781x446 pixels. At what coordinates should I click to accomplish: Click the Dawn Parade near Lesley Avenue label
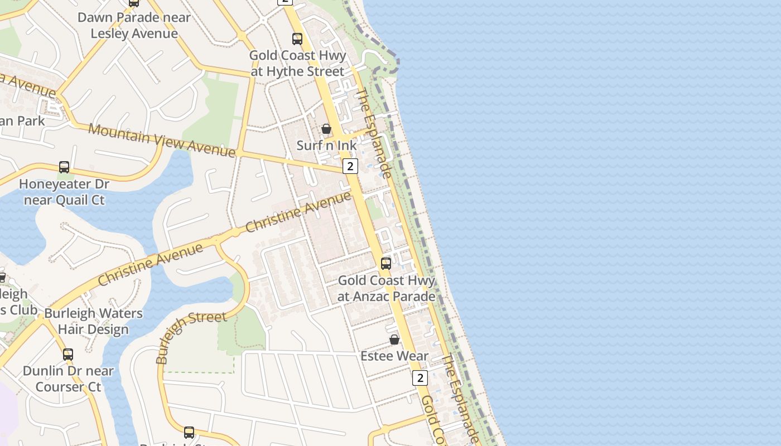click(134, 25)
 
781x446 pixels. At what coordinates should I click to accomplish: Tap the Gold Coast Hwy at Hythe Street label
click(298, 64)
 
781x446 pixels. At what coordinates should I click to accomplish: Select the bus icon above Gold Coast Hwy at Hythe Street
click(297, 39)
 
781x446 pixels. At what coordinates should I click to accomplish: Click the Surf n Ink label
click(326, 146)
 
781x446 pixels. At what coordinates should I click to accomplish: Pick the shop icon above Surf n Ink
click(326, 129)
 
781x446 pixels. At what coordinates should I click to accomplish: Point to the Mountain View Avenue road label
click(162, 140)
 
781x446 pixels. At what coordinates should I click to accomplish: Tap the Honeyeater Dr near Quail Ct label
click(64, 192)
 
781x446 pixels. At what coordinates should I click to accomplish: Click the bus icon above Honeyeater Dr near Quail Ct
click(64, 167)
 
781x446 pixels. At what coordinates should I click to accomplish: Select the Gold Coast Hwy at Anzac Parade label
click(386, 288)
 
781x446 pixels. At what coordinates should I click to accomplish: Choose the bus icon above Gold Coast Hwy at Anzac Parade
click(386, 264)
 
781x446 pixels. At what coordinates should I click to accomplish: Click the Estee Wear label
click(394, 356)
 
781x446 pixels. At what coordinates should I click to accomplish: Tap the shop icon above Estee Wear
click(394, 340)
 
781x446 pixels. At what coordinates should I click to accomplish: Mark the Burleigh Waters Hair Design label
click(93, 321)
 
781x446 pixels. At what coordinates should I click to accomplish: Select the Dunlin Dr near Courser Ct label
click(68, 379)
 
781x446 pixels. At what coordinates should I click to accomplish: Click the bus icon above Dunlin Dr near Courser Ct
click(68, 354)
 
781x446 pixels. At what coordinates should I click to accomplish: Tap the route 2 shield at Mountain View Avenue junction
click(350, 166)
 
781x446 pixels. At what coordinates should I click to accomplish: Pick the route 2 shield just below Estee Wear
click(420, 378)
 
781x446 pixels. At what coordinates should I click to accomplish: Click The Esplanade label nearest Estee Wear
click(461, 398)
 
